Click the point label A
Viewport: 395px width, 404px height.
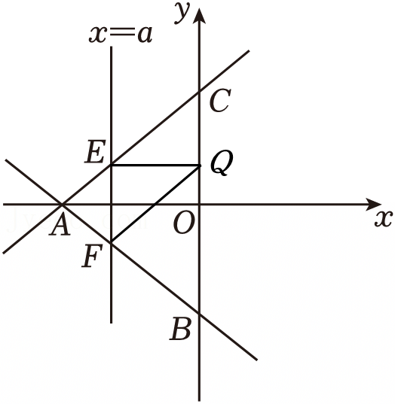(x=60, y=225)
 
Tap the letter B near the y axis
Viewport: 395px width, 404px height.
(x=181, y=329)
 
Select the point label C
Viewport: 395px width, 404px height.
(x=220, y=101)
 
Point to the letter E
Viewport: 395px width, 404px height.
(x=95, y=152)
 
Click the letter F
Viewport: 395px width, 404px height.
(x=92, y=256)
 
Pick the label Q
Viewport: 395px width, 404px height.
(x=222, y=163)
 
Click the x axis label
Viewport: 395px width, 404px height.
(x=384, y=219)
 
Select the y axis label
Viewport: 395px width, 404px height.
(x=182, y=13)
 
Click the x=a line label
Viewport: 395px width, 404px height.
(x=121, y=34)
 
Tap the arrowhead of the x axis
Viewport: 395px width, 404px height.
(x=374, y=205)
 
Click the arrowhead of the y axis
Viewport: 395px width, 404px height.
(x=199, y=16)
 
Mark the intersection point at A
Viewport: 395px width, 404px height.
(x=62, y=205)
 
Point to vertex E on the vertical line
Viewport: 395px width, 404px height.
(x=112, y=165)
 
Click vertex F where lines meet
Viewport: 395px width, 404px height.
(x=112, y=243)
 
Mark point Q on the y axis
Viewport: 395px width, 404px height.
(x=199, y=166)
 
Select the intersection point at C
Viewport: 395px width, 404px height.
(x=199, y=92)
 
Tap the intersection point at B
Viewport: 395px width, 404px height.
(x=199, y=314)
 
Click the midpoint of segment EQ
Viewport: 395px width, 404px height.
(x=155, y=165)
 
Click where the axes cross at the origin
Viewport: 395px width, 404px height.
(x=199, y=205)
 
